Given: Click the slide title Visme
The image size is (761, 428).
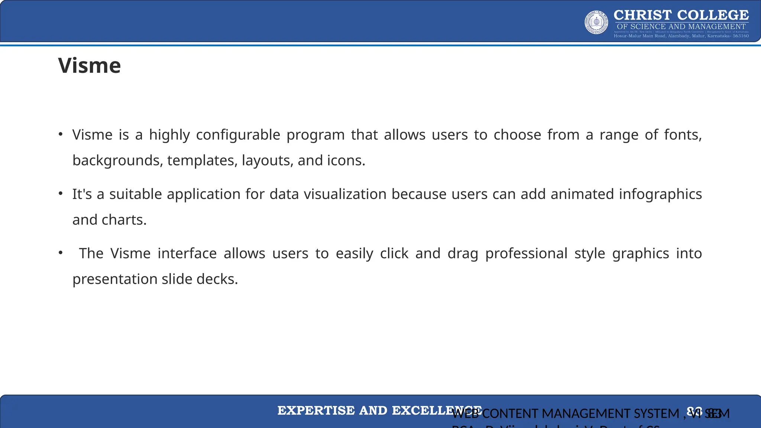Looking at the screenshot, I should click(90, 66).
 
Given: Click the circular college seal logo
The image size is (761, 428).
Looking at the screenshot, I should click(596, 22).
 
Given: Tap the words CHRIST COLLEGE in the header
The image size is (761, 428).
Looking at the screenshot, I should click(681, 15).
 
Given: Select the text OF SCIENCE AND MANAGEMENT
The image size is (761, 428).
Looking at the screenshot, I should click(681, 27).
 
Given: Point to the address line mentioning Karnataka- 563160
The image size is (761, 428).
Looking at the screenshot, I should click(681, 36).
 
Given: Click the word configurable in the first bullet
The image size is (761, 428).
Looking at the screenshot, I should click(238, 135).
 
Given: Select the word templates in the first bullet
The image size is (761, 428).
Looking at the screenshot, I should click(201, 160).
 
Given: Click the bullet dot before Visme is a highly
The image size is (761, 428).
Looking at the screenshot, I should click(61, 134).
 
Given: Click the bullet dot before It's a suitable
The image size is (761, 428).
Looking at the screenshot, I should click(61, 194).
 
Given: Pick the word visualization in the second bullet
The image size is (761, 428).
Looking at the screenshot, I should click(345, 194).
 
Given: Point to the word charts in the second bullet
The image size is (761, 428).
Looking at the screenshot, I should click(124, 220).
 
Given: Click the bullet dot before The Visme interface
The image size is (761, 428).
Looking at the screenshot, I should click(61, 253).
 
